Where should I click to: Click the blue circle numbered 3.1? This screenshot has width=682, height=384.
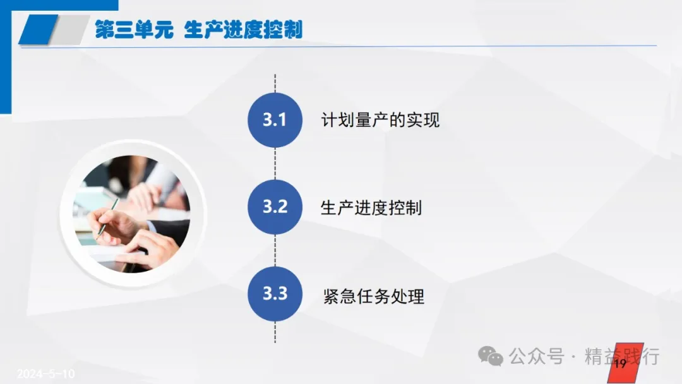tap(275, 120)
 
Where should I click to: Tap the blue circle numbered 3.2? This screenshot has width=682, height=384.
tap(275, 207)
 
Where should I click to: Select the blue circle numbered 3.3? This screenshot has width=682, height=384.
tap(275, 294)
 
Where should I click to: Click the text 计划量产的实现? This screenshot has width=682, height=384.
tap(380, 120)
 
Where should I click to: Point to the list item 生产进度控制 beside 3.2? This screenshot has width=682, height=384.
tap(371, 208)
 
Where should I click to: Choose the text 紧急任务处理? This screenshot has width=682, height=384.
tap(374, 297)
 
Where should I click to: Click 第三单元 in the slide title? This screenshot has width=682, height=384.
tap(135, 30)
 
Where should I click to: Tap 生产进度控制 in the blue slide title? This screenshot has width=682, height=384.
tap(243, 30)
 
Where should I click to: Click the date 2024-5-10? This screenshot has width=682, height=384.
tap(45, 373)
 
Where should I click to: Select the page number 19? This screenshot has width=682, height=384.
tap(620, 363)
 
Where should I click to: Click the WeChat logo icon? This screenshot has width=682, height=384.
tap(491, 357)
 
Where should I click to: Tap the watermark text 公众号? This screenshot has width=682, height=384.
tap(536, 357)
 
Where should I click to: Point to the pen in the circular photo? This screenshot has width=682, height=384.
tap(107, 219)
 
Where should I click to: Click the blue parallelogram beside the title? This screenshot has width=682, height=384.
tap(39, 30)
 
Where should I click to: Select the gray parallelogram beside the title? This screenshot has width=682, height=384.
tap(69, 30)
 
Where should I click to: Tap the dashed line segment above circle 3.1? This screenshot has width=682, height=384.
tap(275, 83)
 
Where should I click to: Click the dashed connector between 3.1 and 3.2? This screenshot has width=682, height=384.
tap(275, 164)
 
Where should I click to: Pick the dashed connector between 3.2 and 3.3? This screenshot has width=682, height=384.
tap(275, 251)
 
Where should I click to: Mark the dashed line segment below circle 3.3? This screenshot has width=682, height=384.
tap(275, 332)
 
